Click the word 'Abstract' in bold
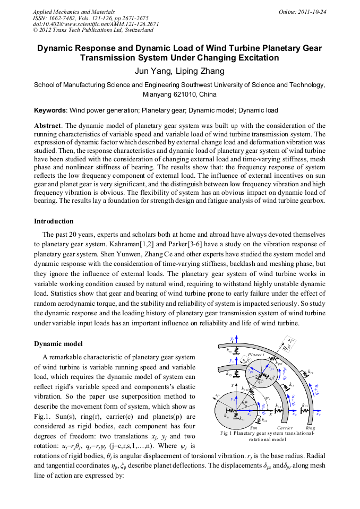[48, 126]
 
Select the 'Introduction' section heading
[54, 221]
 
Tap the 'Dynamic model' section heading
[58, 343]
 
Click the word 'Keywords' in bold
[50, 110]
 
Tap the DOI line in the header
[96, 24]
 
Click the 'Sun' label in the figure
[254, 428]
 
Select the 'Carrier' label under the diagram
[285, 428]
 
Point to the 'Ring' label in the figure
[311, 428]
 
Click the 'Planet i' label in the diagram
[256, 354]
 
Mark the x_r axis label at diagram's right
[319, 414]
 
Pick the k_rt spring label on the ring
[311, 372]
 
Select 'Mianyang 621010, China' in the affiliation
[179, 94]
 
